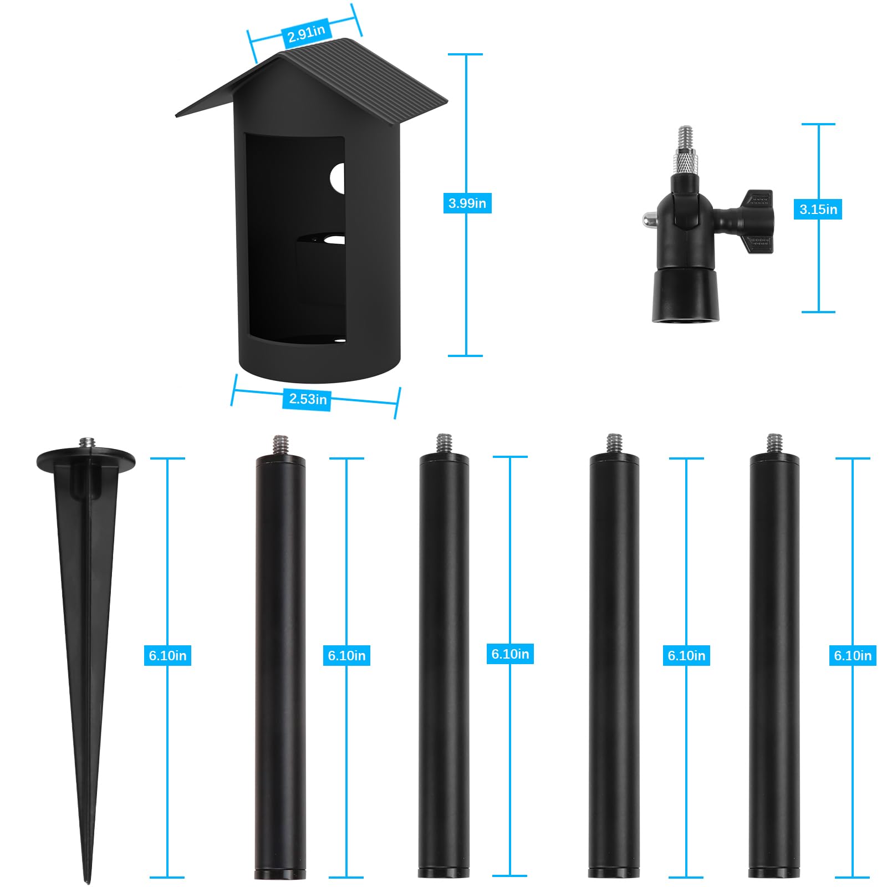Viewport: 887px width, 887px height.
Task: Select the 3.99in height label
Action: [x=467, y=203]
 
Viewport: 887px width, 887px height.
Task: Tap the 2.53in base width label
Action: [x=308, y=399]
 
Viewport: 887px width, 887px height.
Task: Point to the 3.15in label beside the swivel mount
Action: [x=818, y=209]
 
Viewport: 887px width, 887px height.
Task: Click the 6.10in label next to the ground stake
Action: [x=167, y=655]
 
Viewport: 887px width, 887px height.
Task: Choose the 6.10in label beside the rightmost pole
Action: [x=853, y=655]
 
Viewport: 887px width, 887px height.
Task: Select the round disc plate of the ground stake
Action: [x=86, y=461]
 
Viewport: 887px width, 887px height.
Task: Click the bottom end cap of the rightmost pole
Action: [x=774, y=873]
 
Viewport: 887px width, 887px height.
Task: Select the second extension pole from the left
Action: [x=444, y=665]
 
